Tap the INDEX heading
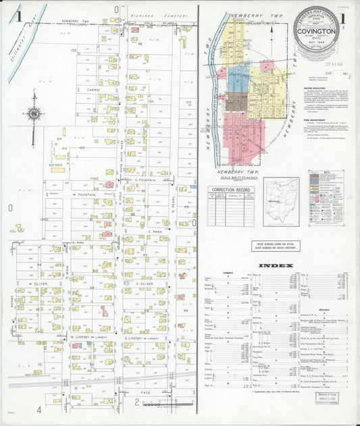tap(276, 265)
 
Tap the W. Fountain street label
tap(83, 194)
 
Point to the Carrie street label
tap(93, 89)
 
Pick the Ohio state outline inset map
tap(280, 200)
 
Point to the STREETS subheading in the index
tap(227, 273)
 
